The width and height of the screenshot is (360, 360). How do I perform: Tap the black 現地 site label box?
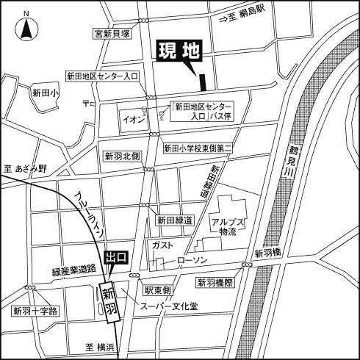pyautogui.click(x=179, y=52)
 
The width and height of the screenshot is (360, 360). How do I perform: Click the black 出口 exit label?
pyautogui.click(x=116, y=258)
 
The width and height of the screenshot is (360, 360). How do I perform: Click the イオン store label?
pyautogui.click(x=133, y=117)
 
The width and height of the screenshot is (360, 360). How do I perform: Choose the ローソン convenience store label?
pyautogui.click(x=192, y=261)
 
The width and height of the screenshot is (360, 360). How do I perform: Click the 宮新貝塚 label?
pyautogui.click(x=112, y=33)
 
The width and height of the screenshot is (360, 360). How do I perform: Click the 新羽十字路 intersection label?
pyautogui.click(x=35, y=312)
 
